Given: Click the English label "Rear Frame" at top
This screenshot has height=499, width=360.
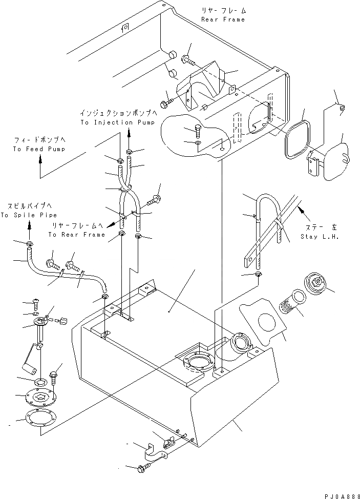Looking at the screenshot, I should pyautogui.click(x=223, y=19).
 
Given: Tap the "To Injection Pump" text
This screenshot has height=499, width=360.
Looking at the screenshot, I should pyautogui.click(x=113, y=123).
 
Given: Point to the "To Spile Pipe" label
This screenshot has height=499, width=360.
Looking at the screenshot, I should pyautogui.click(x=29, y=215).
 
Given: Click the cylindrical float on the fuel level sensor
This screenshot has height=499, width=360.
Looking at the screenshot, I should pyautogui.click(x=28, y=367).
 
